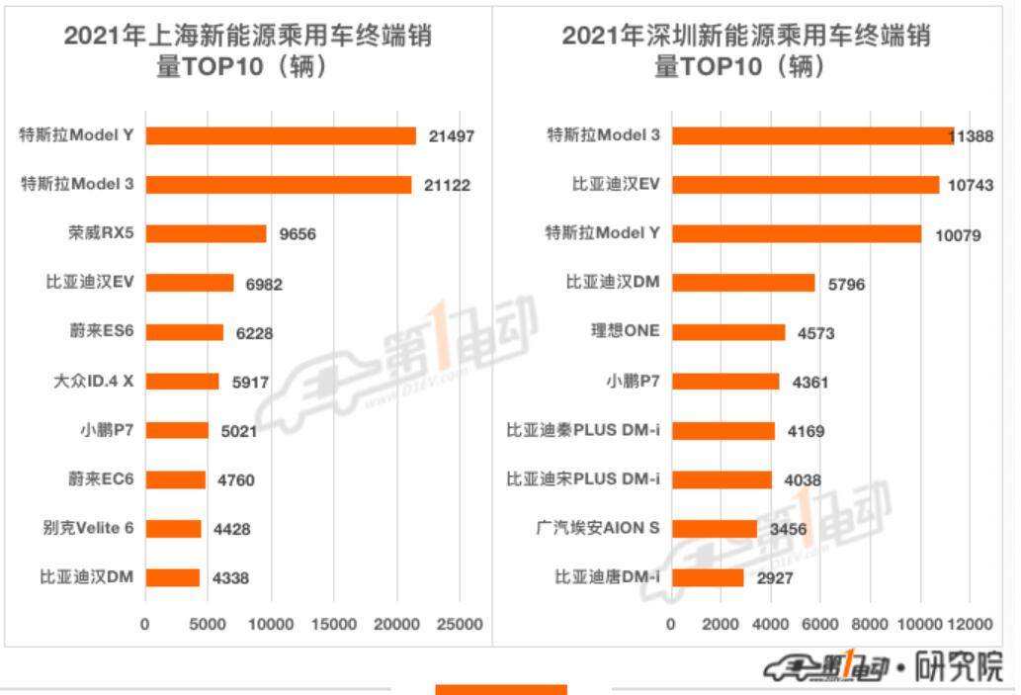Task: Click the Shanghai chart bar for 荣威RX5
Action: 206,233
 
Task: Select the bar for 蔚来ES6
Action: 185,332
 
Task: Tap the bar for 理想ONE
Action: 728,332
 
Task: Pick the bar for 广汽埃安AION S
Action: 715,529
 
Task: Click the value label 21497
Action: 452,136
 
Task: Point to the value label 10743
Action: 971,186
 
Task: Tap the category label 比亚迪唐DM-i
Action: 607,577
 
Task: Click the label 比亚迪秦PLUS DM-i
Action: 583,430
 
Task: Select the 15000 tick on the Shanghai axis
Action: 334,625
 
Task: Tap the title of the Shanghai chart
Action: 247,51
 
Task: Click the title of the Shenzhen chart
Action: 745,51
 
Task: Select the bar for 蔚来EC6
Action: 176,479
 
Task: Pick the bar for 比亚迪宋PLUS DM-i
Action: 722,479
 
